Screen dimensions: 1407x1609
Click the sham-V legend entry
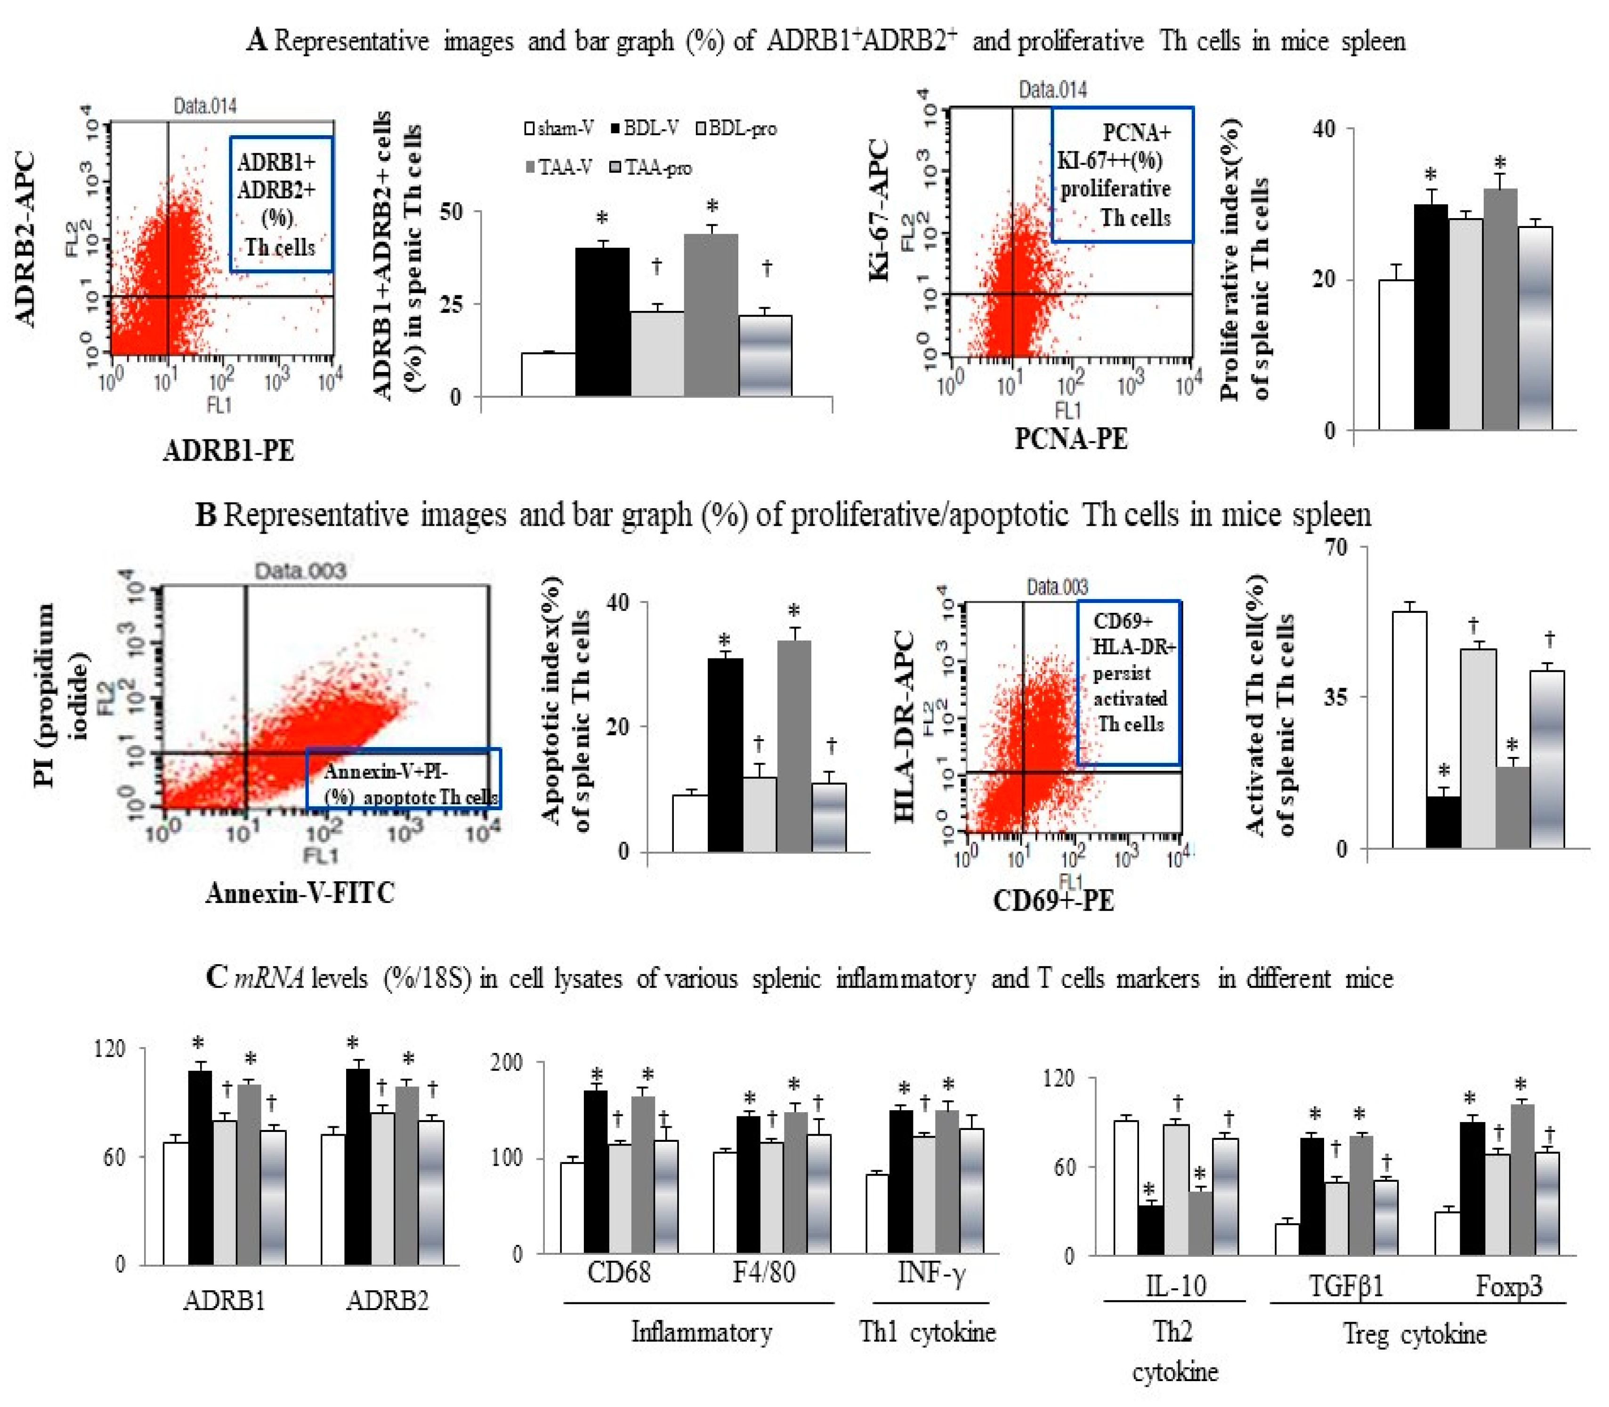click(559, 128)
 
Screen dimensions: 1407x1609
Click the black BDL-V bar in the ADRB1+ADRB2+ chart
click(602, 322)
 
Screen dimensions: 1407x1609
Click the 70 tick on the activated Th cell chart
click(1334, 547)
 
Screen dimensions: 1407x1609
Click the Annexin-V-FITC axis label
click(300, 893)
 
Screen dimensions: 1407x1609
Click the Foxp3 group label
click(1509, 1286)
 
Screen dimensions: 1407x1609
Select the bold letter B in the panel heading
click(206, 515)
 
